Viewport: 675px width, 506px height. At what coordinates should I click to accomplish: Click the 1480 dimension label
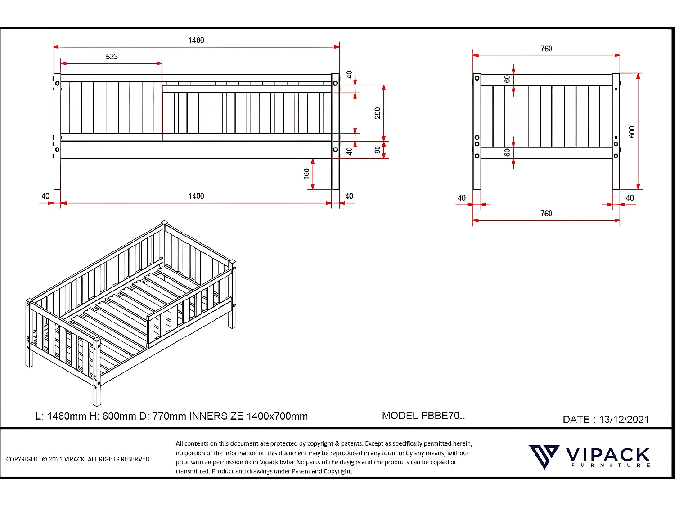click(196, 40)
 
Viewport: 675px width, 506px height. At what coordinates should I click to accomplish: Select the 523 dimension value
click(112, 57)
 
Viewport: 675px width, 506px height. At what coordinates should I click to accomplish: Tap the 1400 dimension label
click(196, 196)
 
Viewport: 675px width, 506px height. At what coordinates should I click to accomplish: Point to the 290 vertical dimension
click(378, 113)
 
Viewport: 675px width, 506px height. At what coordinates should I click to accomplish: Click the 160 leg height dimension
click(306, 174)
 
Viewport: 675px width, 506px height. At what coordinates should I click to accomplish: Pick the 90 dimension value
click(378, 150)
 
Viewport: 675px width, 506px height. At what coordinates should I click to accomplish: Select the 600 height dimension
click(632, 132)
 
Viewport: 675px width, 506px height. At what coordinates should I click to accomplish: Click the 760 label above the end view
click(546, 49)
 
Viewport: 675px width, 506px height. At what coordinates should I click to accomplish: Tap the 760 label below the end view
click(546, 214)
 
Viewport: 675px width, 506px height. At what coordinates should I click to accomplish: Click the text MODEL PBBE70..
click(423, 416)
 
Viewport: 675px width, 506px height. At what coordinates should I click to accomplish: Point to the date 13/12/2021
click(624, 420)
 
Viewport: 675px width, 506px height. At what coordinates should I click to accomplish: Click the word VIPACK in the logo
click(607, 455)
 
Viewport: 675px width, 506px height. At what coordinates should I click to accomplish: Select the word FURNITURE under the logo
click(611, 465)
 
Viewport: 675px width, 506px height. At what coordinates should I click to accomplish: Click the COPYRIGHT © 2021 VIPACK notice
click(78, 459)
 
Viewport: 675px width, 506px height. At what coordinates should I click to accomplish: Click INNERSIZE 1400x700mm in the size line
click(248, 416)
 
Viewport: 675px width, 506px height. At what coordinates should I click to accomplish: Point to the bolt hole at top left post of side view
click(57, 83)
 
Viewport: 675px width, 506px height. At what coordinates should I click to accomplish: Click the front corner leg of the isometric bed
click(96, 373)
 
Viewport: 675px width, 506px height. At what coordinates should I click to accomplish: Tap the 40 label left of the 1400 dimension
click(45, 196)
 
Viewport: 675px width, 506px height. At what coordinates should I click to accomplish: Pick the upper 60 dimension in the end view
click(507, 79)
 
